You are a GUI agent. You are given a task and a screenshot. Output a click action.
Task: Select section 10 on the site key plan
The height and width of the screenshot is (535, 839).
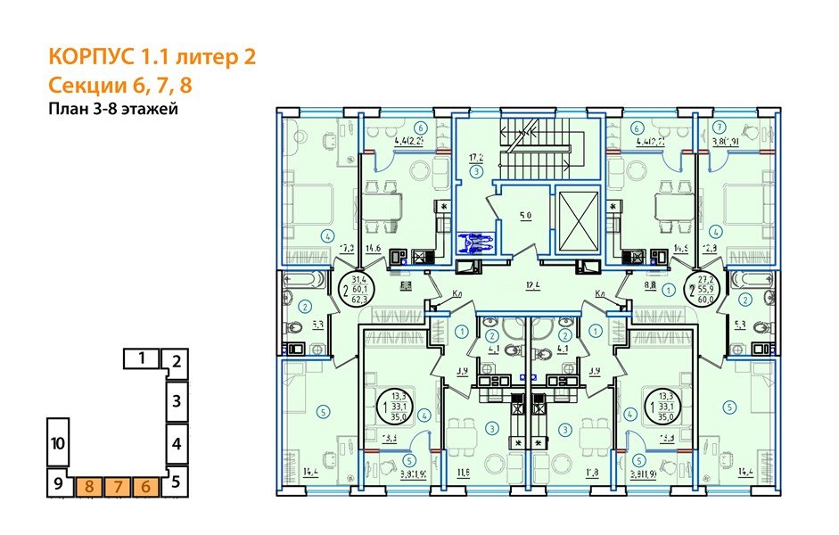pyautogui.click(x=57, y=442)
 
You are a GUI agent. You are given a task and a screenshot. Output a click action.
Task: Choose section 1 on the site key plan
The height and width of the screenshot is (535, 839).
pyautogui.click(x=141, y=358)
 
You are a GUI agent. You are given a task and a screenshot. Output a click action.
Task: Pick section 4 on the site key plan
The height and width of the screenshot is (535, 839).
pyautogui.click(x=177, y=442)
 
